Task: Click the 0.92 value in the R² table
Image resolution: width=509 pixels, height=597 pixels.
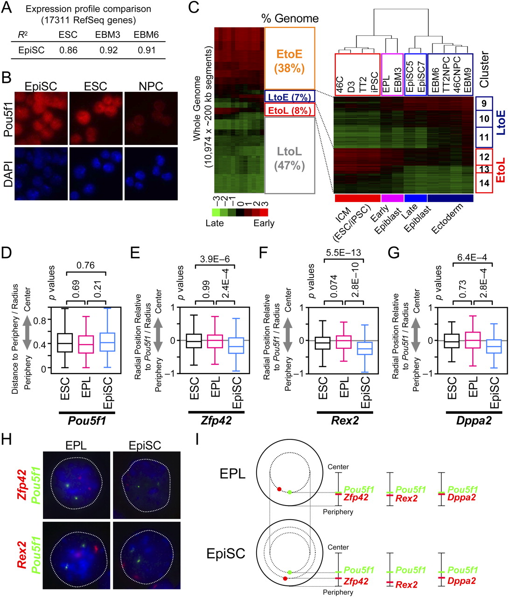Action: pyautogui.click(x=108, y=50)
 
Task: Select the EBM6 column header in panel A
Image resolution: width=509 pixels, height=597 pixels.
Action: pyautogui.click(x=146, y=35)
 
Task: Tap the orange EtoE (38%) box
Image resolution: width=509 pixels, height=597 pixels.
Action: pyautogui.click(x=289, y=58)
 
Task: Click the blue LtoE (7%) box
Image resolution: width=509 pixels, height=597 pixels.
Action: pyautogui.click(x=289, y=97)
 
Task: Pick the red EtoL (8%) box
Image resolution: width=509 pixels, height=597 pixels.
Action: pyautogui.click(x=289, y=110)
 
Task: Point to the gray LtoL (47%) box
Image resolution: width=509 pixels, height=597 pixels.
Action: pyautogui.click(x=289, y=155)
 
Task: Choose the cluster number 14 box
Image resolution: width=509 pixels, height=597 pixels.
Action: pyautogui.click(x=484, y=183)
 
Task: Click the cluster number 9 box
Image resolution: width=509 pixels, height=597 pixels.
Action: pyautogui.click(x=484, y=104)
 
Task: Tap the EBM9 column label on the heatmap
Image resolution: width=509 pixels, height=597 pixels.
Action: pyautogui.click(x=467, y=79)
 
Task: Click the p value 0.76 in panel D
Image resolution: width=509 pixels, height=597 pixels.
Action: pyautogui.click(x=85, y=265)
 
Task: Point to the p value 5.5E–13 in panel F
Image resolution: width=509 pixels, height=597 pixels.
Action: pyautogui.click(x=343, y=253)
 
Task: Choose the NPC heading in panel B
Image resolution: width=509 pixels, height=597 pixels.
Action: pyautogui.click(x=151, y=86)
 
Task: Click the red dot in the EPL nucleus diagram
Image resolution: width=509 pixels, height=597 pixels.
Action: pyautogui.click(x=279, y=489)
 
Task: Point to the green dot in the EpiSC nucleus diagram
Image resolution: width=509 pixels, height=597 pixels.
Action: pyautogui.click(x=290, y=572)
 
